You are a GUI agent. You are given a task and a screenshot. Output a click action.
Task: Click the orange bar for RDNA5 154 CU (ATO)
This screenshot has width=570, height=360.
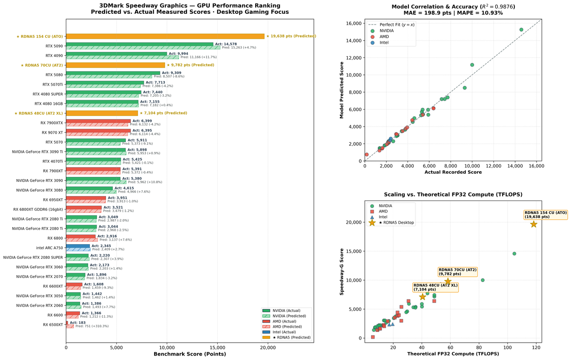click(x=165, y=37)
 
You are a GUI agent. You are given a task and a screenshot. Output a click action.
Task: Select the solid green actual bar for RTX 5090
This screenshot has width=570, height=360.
click(x=140, y=44)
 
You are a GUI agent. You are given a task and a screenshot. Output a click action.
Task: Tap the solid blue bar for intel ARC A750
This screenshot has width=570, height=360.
click(x=78, y=246)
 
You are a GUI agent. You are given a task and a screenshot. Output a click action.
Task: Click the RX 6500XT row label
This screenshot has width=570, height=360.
click(x=53, y=325)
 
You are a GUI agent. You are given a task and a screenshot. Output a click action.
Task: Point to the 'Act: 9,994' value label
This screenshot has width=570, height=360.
click(x=179, y=53)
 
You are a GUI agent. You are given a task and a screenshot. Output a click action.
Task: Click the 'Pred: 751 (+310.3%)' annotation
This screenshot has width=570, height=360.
click(x=92, y=326)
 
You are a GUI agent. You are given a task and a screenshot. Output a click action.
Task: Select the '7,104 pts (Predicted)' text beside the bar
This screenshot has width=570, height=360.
click(x=165, y=113)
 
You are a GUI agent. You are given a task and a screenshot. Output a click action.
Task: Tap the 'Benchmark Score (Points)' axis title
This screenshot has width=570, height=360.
click(x=190, y=354)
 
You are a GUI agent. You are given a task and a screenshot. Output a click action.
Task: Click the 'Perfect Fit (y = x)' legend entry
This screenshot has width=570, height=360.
click(x=391, y=25)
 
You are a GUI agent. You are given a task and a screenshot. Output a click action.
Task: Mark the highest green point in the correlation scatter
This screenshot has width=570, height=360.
click(x=521, y=30)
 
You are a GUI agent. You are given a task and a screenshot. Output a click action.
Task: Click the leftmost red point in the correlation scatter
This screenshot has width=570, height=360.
click(x=366, y=155)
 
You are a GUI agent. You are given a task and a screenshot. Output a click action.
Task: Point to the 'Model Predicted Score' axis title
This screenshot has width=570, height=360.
click(x=342, y=90)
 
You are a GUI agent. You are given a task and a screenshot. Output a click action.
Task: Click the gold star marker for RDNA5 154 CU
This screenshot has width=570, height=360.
click(x=533, y=224)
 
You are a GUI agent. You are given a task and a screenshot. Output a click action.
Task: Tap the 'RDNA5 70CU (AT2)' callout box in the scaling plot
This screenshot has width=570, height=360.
click(x=457, y=272)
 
